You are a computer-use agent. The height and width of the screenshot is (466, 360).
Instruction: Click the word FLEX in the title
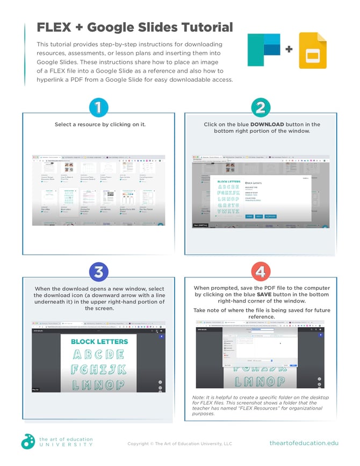pyautogui.click(x=55, y=27)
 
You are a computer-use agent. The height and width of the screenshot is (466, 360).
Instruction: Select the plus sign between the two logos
pyautogui.click(x=289, y=50)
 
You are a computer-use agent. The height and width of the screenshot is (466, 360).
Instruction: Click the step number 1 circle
pyautogui.click(x=98, y=107)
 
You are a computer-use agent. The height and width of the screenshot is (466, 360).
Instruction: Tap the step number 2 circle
pyautogui.click(x=261, y=107)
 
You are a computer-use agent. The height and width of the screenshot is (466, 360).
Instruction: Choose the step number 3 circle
pyautogui.click(x=98, y=272)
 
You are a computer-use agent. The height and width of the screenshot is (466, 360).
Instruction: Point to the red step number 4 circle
pyautogui.click(x=261, y=272)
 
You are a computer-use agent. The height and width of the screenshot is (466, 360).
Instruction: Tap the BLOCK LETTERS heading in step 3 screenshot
pyautogui.click(x=99, y=341)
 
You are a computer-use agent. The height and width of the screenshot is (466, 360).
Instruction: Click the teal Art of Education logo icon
pyautogui.click(x=28, y=441)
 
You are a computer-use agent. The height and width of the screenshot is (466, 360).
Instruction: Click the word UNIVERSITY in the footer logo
pyautogui.click(x=66, y=446)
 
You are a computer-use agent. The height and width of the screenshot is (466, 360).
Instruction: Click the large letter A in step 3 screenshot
pyautogui.click(x=78, y=354)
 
